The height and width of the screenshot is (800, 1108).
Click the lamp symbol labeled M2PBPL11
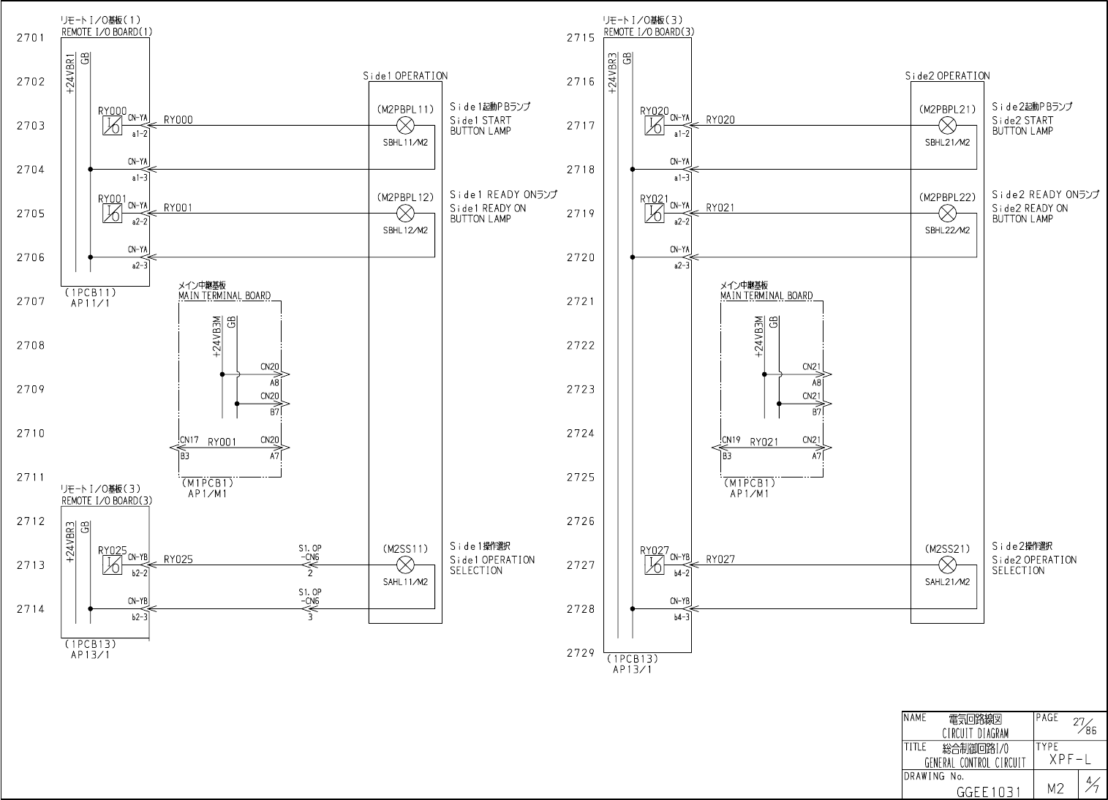[x=405, y=125]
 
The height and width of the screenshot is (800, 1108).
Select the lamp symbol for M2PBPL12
[x=405, y=214]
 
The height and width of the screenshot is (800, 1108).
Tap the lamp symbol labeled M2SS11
[x=405, y=565]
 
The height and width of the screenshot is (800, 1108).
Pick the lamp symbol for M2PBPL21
[x=947, y=125]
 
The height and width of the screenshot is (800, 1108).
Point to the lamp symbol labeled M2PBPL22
[x=947, y=214]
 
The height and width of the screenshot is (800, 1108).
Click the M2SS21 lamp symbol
[x=947, y=565]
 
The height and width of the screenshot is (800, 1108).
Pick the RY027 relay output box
[x=654, y=565]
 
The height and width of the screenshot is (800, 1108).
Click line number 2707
[x=31, y=301]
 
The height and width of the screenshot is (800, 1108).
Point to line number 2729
[x=581, y=653]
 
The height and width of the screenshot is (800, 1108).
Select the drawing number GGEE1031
[x=987, y=791]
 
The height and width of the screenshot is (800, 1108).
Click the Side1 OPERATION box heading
[x=405, y=76]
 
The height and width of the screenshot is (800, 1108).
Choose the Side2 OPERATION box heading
[x=947, y=76]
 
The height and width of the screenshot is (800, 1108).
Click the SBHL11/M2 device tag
[x=405, y=143]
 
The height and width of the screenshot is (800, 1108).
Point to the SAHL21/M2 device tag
[x=947, y=582]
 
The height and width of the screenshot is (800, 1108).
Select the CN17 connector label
[x=189, y=441]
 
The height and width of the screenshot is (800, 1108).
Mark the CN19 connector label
[x=731, y=441]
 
